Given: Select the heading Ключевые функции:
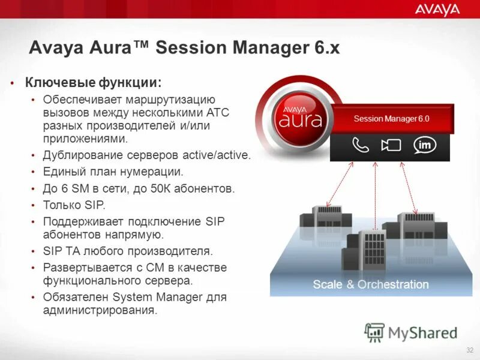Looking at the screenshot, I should click(93, 82).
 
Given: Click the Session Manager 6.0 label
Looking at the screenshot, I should click(391, 119).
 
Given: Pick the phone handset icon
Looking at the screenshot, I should click(361, 146).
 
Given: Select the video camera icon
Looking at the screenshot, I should click(391, 146).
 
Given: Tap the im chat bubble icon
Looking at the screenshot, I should click(424, 145).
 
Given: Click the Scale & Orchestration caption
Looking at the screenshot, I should click(371, 284).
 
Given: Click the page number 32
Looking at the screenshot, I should click(469, 350).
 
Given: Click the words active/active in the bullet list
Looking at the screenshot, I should click(217, 155).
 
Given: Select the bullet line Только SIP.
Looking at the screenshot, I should click(74, 205).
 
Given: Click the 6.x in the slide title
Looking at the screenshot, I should click(325, 47).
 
